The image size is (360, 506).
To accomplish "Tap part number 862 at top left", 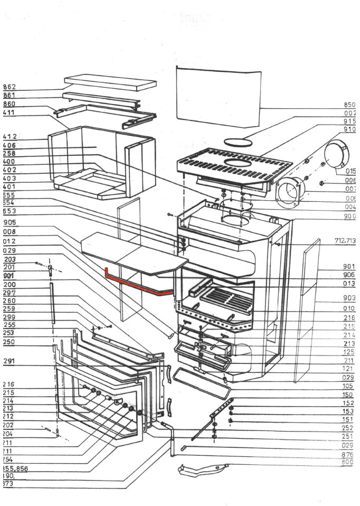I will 10,87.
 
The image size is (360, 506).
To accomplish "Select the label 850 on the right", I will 350,105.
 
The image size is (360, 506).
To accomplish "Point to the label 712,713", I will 346,241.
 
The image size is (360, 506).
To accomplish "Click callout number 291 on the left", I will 10,361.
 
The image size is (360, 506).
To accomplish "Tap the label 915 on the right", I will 350,121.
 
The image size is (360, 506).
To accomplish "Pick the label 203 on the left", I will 10,259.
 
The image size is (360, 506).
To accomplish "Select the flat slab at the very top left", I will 111,83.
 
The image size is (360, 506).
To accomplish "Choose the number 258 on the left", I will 10,153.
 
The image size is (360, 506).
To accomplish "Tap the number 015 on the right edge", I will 351,171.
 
